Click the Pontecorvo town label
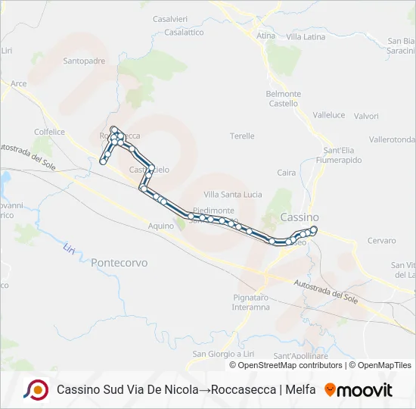(x=119, y=263)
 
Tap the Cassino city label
(x=300, y=217)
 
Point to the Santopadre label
(x=84, y=61)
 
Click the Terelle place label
(x=242, y=136)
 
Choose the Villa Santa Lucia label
(x=232, y=195)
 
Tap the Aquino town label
(x=161, y=226)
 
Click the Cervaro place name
(x=381, y=241)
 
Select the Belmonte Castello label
(x=284, y=98)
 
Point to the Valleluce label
(x=329, y=115)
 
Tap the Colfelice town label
(x=49, y=131)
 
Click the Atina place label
(x=265, y=36)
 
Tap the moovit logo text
(x=365, y=390)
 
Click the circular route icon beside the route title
(x=36, y=390)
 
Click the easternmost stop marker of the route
(x=314, y=229)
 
